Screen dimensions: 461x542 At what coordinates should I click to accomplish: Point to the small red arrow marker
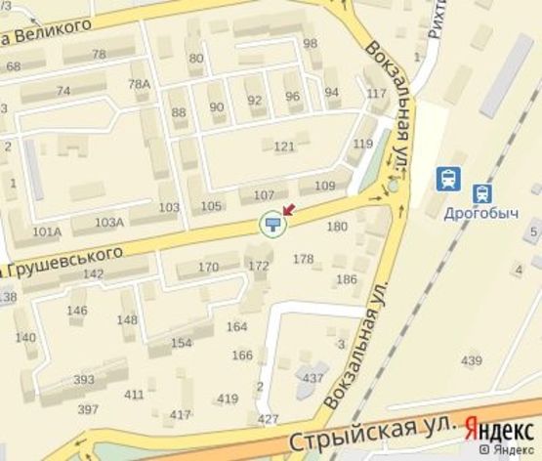tap(287, 210)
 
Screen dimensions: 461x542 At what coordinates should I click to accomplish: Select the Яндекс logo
tap(500, 427)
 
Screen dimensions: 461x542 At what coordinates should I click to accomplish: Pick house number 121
tap(284, 147)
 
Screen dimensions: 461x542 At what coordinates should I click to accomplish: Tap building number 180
tap(337, 228)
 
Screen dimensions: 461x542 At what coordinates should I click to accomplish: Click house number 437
tap(313, 378)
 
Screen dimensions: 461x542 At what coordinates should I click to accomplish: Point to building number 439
tap(472, 361)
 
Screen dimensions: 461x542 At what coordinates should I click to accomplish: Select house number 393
tap(84, 380)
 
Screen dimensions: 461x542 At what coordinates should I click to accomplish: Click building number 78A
tap(139, 84)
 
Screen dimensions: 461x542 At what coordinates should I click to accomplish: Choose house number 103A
tap(109, 223)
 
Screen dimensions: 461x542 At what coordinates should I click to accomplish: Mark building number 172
tap(258, 266)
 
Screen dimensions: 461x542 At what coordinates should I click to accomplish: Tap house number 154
tap(182, 343)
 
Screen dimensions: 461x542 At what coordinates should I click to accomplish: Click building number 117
tap(377, 94)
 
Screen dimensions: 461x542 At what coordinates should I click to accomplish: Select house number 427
tap(268, 419)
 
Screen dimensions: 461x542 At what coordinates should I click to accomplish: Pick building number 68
tap(13, 66)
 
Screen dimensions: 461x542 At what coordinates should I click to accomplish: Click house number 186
tap(346, 280)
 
